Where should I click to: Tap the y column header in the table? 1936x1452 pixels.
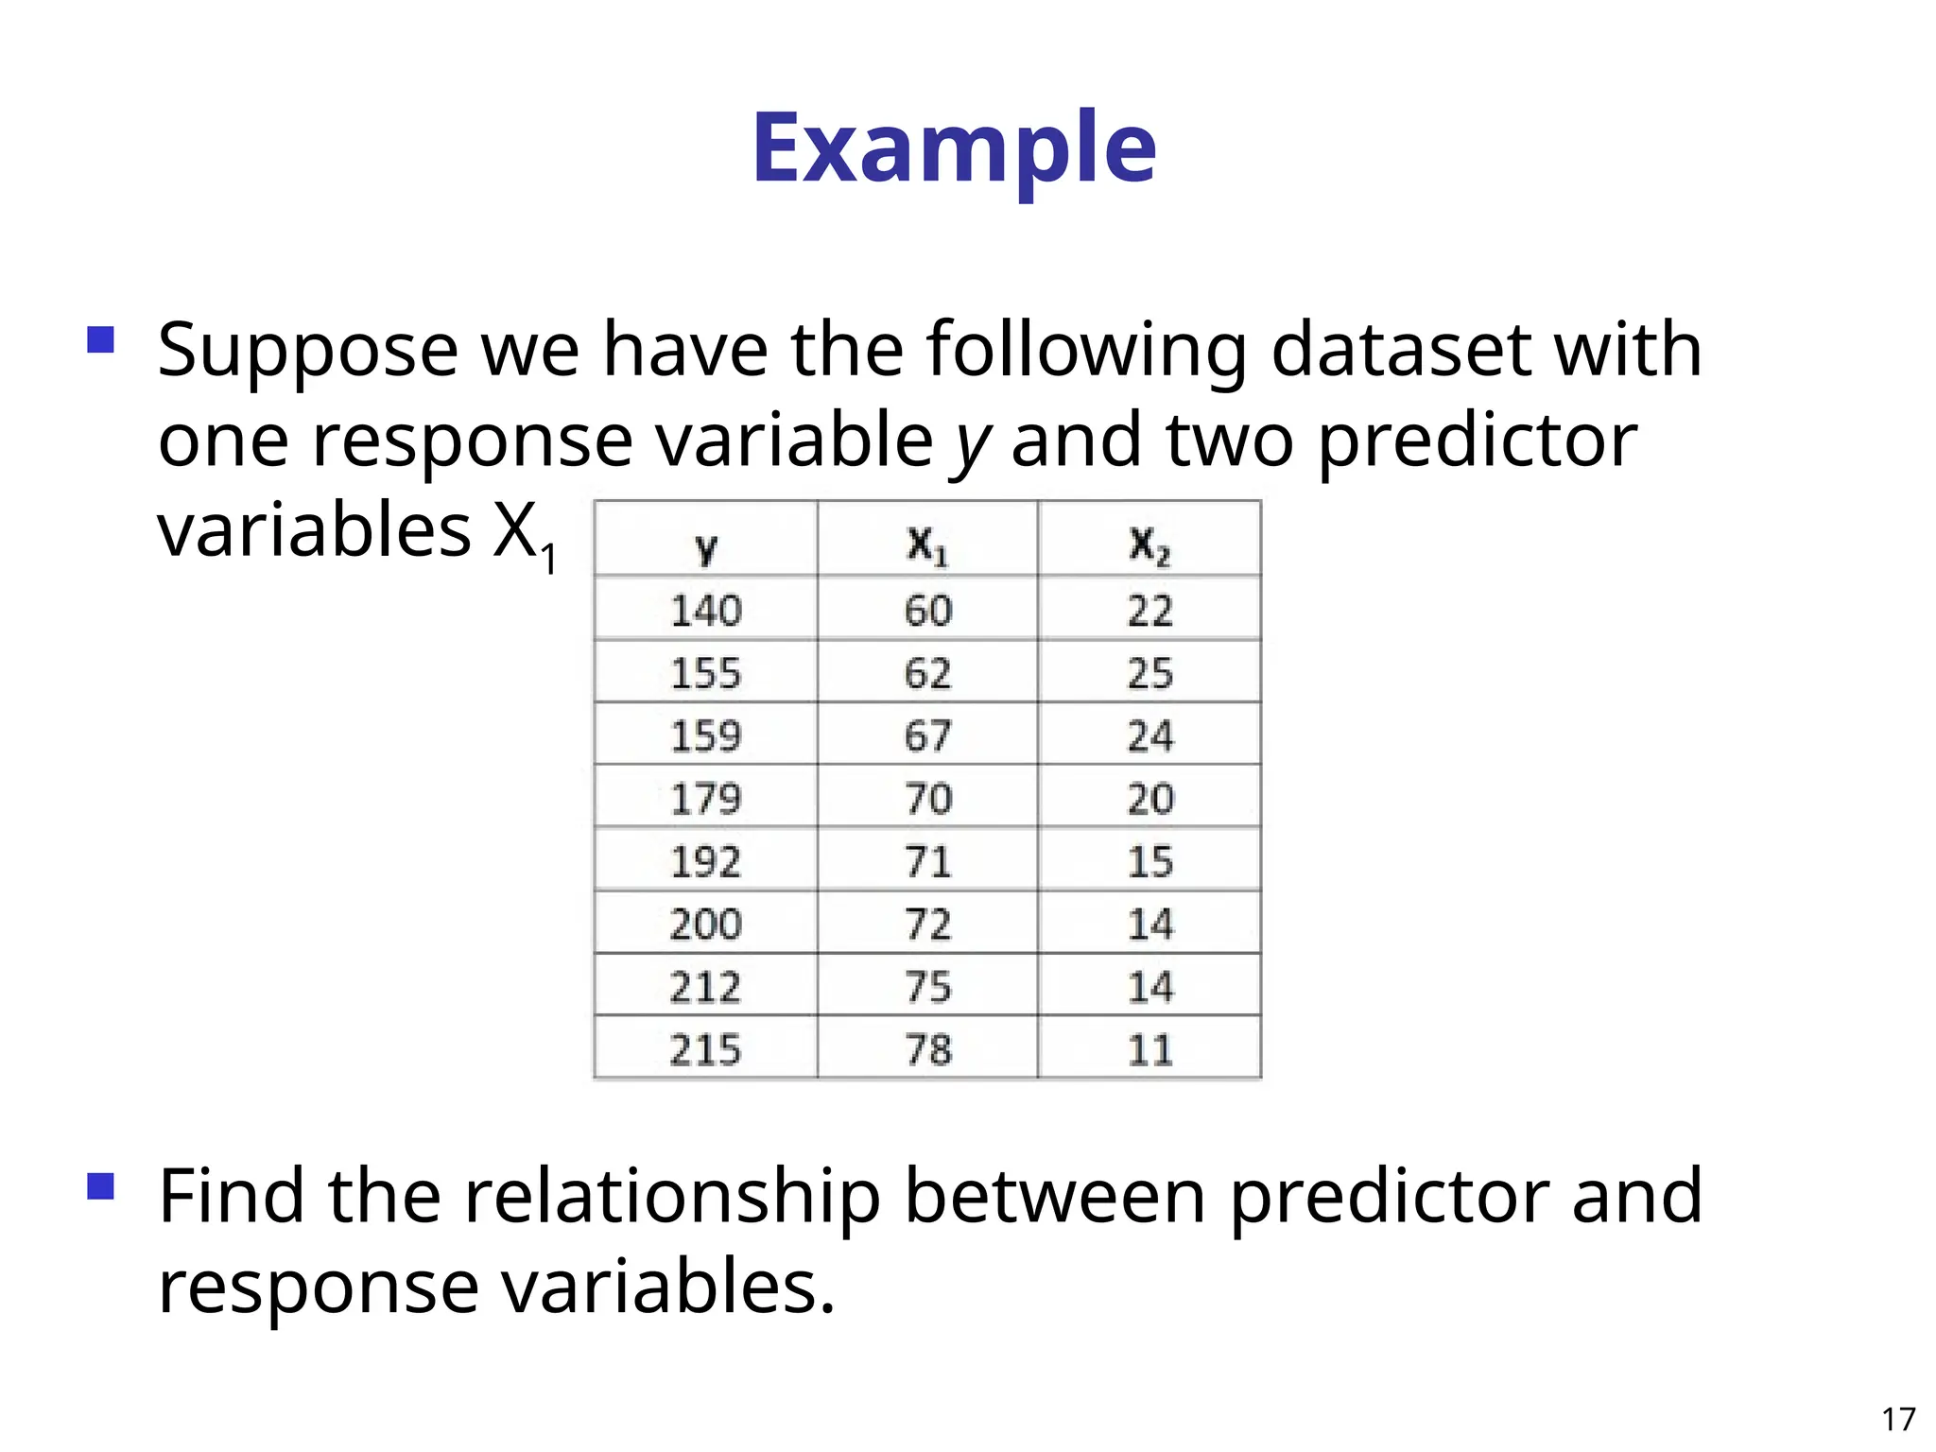coord(705,546)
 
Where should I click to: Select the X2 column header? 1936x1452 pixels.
coord(1149,545)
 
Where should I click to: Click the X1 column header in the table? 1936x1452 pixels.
coord(927,545)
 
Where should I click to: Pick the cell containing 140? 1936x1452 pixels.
coord(705,610)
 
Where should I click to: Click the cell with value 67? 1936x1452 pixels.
coord(927,735)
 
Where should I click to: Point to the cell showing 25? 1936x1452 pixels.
coord(1149,673)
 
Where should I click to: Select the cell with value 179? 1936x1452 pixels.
coord(705,799)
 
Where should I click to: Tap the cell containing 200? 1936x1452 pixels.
coord(705,924)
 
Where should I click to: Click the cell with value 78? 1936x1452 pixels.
coord(927,1049)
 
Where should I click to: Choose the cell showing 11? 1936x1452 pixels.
coord(1149,1049)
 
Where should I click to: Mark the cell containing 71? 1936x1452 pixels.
coord(927,861)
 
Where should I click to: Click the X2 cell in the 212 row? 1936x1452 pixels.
coord(1149,987)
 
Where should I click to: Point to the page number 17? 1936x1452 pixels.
coord(1897,1419)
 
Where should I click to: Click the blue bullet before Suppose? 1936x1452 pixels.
coord(100,339)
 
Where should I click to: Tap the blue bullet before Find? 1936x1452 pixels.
coord(100,1185)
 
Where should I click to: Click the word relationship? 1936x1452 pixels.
coord(672,1197)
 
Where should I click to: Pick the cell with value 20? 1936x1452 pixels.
coord(1149,799)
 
